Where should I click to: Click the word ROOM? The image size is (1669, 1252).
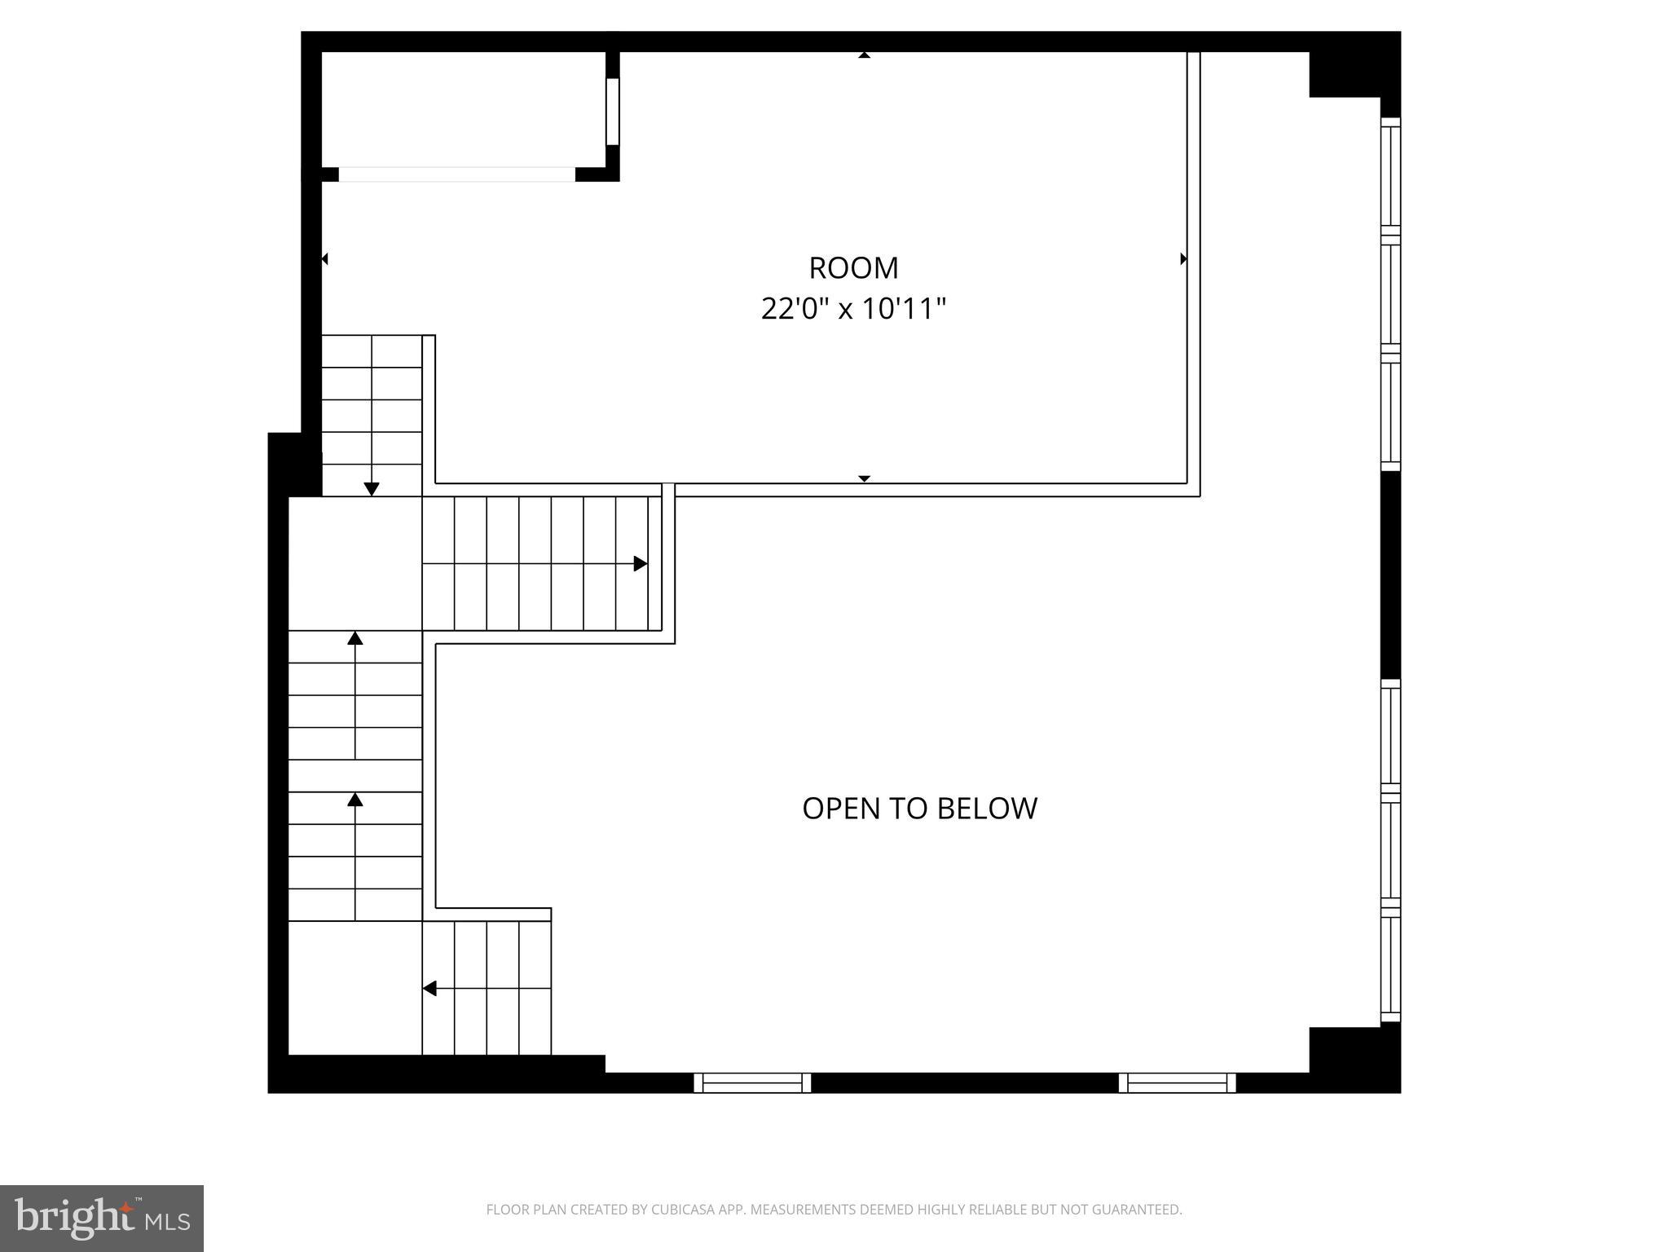point(853,267)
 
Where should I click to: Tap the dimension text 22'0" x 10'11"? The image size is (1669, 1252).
point(853,309)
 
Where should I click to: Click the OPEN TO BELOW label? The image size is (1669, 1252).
point(919,808)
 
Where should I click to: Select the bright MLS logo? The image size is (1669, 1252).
point(102,1218)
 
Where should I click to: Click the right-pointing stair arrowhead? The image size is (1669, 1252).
point(641,563)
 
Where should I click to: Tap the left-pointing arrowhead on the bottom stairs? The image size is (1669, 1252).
point(429,989)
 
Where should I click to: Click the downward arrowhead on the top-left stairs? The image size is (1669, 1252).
point(372,489)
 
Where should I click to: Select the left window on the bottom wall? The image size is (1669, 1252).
point(752,1082)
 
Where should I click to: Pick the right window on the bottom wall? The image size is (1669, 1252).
point(1177,1082)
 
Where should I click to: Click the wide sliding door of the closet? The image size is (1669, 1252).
point(456,174)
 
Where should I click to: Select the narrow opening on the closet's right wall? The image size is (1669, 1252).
point(613,111)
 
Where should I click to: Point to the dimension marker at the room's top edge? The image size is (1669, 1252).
point(865,55)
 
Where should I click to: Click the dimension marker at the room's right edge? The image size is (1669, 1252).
point(1183,259)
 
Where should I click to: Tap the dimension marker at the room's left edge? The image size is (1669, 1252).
point(324,259)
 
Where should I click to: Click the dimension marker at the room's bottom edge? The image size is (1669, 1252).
point(865,478)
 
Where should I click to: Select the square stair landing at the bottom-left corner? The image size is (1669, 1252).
point(355,988)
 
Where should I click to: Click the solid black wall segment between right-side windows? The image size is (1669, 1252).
point(1390,575)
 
